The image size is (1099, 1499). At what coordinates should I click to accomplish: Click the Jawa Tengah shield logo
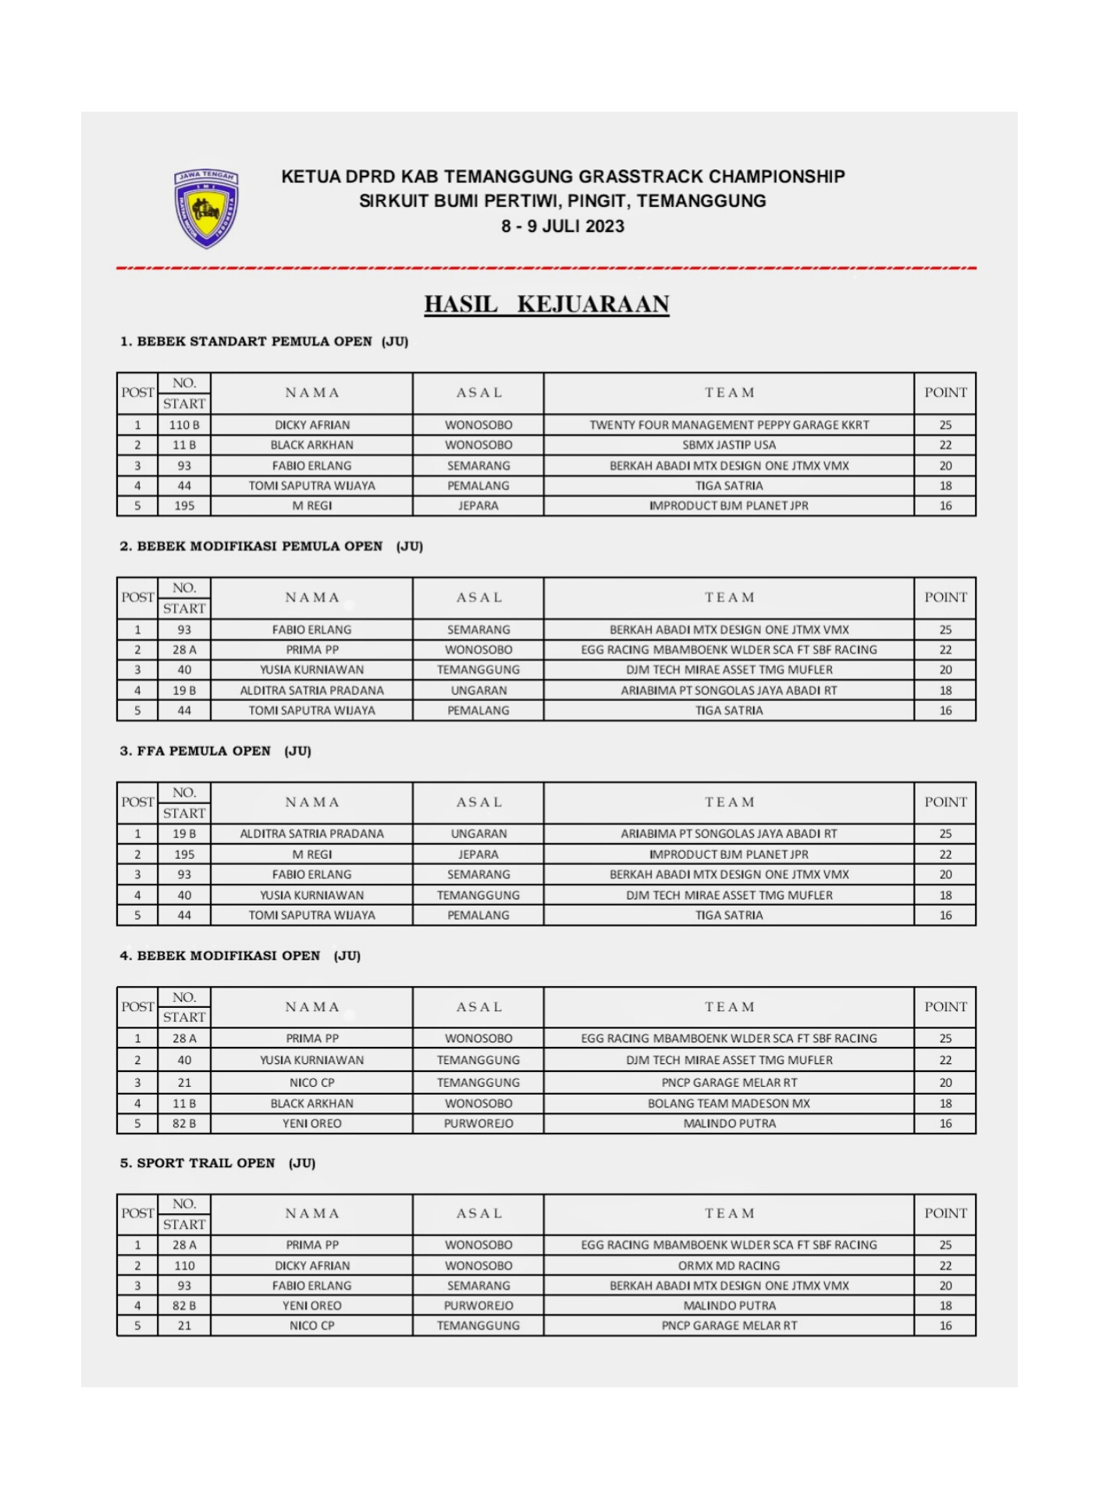(206, 208)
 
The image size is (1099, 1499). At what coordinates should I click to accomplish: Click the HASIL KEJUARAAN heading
(546, 304)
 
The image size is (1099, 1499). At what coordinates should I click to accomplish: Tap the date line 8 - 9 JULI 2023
(563, 226)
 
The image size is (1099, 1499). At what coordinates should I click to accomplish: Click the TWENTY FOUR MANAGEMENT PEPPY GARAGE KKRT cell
(729, 425)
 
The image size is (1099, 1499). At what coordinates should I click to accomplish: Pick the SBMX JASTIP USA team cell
(729, 445)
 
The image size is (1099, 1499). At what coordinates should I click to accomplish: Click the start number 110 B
(184, 425)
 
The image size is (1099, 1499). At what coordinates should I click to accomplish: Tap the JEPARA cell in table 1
(478, 506)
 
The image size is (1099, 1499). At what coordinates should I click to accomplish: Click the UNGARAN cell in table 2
(478, 690)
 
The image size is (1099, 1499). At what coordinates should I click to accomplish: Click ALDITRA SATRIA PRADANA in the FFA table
(311, 834)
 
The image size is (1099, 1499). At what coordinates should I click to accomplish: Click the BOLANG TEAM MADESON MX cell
(729, 1103)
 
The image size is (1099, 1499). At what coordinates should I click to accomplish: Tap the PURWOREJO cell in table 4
(478, 1123)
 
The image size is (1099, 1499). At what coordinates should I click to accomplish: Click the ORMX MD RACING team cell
(729, 1266)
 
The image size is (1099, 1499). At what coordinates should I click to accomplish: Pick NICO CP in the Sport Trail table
(311, 1326)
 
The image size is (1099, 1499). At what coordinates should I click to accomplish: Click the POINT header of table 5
(945, 1213)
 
